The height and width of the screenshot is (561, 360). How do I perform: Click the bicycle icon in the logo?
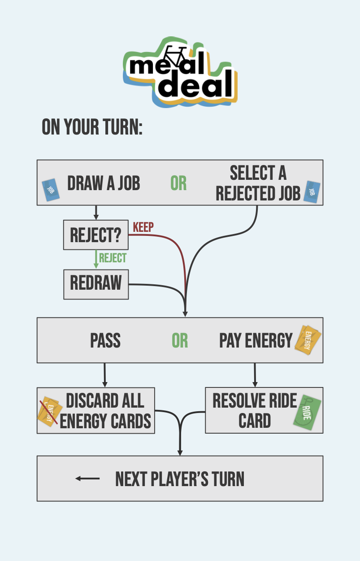(175, 56)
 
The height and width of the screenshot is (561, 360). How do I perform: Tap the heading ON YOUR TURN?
(92, 127)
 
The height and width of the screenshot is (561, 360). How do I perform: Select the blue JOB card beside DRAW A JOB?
(51, 190)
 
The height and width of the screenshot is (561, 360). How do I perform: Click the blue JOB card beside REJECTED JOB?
(312, 192)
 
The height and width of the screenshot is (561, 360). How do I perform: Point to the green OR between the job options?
(178, 183)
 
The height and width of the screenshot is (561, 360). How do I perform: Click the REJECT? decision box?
(96, 235)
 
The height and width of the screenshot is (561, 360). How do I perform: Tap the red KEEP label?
(143, 227)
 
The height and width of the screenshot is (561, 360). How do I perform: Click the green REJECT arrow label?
(113, 258)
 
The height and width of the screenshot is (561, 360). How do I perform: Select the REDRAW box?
(96, 284)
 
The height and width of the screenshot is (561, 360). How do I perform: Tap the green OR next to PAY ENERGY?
(180, 341)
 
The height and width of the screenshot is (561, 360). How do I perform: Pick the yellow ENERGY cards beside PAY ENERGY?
(308, 340)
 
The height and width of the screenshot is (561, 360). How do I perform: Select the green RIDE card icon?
(308, 413)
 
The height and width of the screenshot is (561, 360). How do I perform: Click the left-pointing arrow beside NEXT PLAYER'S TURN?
(87, 478)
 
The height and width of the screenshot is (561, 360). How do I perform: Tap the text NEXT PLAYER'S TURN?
(180, 479)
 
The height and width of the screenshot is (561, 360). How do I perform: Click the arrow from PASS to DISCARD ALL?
(104, 375)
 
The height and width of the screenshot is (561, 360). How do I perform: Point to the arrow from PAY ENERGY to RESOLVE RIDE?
(255, 375)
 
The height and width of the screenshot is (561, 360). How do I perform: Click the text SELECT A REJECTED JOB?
(258, 183)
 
